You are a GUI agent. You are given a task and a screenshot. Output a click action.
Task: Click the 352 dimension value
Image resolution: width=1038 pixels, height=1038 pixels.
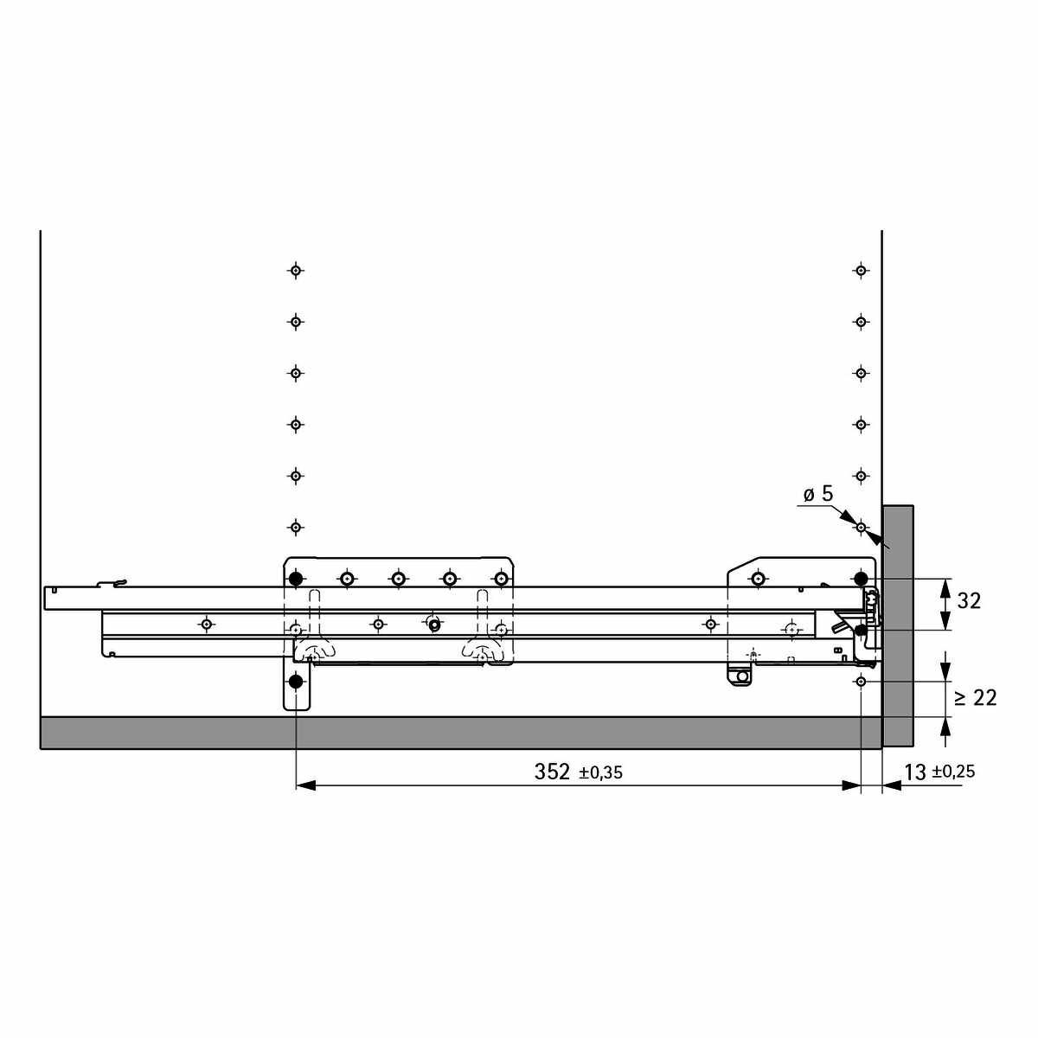tap(552, 772)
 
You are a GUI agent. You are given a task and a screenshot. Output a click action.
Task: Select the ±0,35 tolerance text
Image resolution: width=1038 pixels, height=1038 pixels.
tap(600, 773)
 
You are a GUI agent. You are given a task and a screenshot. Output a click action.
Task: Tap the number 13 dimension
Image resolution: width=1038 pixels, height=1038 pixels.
tap(915, 772)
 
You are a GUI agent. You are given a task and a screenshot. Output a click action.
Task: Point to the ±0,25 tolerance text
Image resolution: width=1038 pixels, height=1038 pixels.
tap(953, 772)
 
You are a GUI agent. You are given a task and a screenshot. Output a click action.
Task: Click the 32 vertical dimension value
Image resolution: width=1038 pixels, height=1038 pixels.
tap(969, 601)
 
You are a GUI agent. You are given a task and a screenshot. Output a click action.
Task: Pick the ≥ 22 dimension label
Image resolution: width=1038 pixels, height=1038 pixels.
tap(976, 698)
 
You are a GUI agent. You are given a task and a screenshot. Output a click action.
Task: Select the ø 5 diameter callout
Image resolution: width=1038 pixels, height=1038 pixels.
tap(818, 493)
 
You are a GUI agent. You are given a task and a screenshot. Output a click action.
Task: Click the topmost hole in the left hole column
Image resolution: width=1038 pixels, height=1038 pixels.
tap(295, 270)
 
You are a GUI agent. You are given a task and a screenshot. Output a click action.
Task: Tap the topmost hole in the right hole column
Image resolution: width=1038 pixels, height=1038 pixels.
tap(861, 270)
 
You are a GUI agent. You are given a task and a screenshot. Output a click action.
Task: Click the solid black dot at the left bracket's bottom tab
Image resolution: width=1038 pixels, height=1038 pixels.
tap(295, 682)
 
